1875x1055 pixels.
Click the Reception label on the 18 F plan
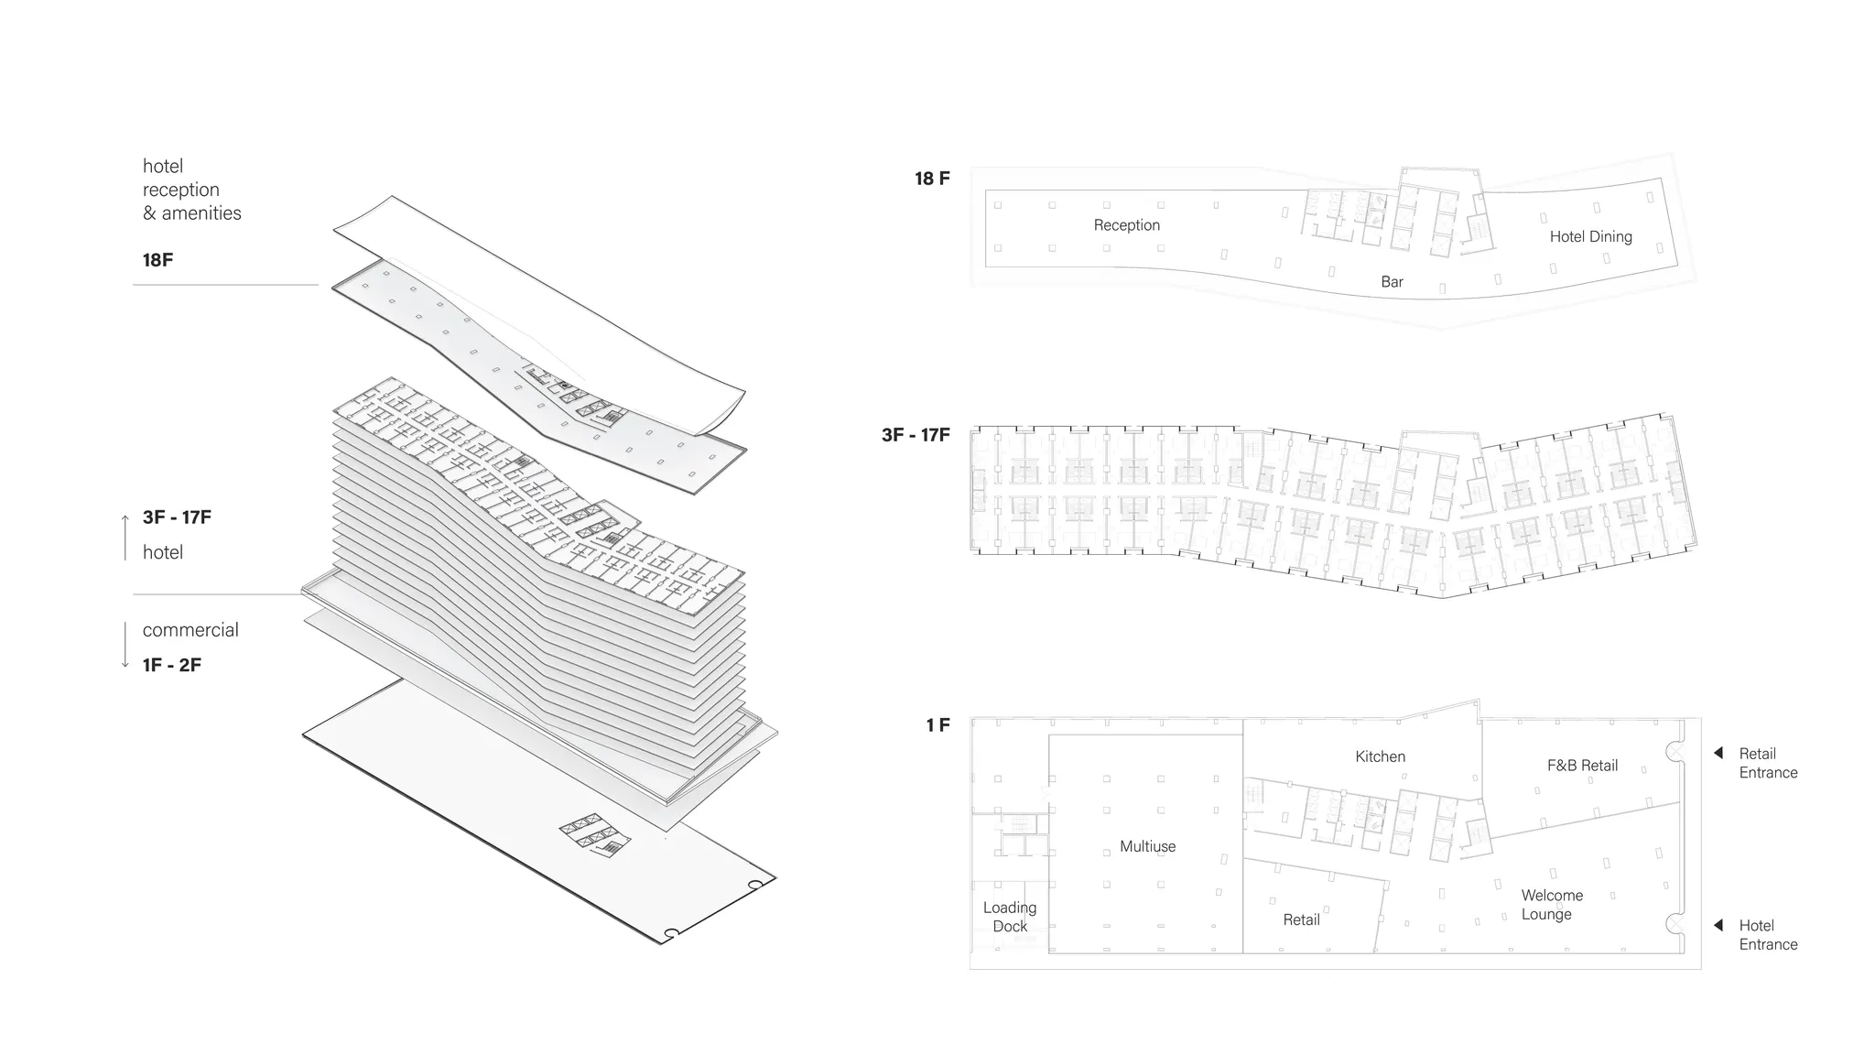point(1126,225)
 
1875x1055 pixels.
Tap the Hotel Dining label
point(1590,236)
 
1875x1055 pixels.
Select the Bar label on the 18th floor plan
point(1392,282)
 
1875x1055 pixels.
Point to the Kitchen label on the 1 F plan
point(1380,756)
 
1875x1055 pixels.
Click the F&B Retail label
point(1582,766)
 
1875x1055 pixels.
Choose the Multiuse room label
point(1147,846)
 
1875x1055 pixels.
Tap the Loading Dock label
point(1010,917)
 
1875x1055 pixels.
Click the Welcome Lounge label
point(1551,905)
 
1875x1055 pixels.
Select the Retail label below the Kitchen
point(1301,919)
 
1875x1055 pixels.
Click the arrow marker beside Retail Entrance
point(1718,754)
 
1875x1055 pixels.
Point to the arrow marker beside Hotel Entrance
point(1718,926)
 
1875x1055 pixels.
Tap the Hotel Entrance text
point(1768,935)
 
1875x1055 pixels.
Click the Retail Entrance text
point(1768,763)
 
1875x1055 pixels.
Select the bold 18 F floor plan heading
point(932,179)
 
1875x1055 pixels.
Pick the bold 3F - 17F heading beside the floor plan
point(916,435)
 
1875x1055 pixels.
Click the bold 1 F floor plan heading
point(937,725)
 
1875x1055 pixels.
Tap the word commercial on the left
point(190,630)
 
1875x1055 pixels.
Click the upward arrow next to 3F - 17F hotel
point(125,537)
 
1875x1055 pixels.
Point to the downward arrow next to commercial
point(125,646)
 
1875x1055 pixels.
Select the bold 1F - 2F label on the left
point(172,665)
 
